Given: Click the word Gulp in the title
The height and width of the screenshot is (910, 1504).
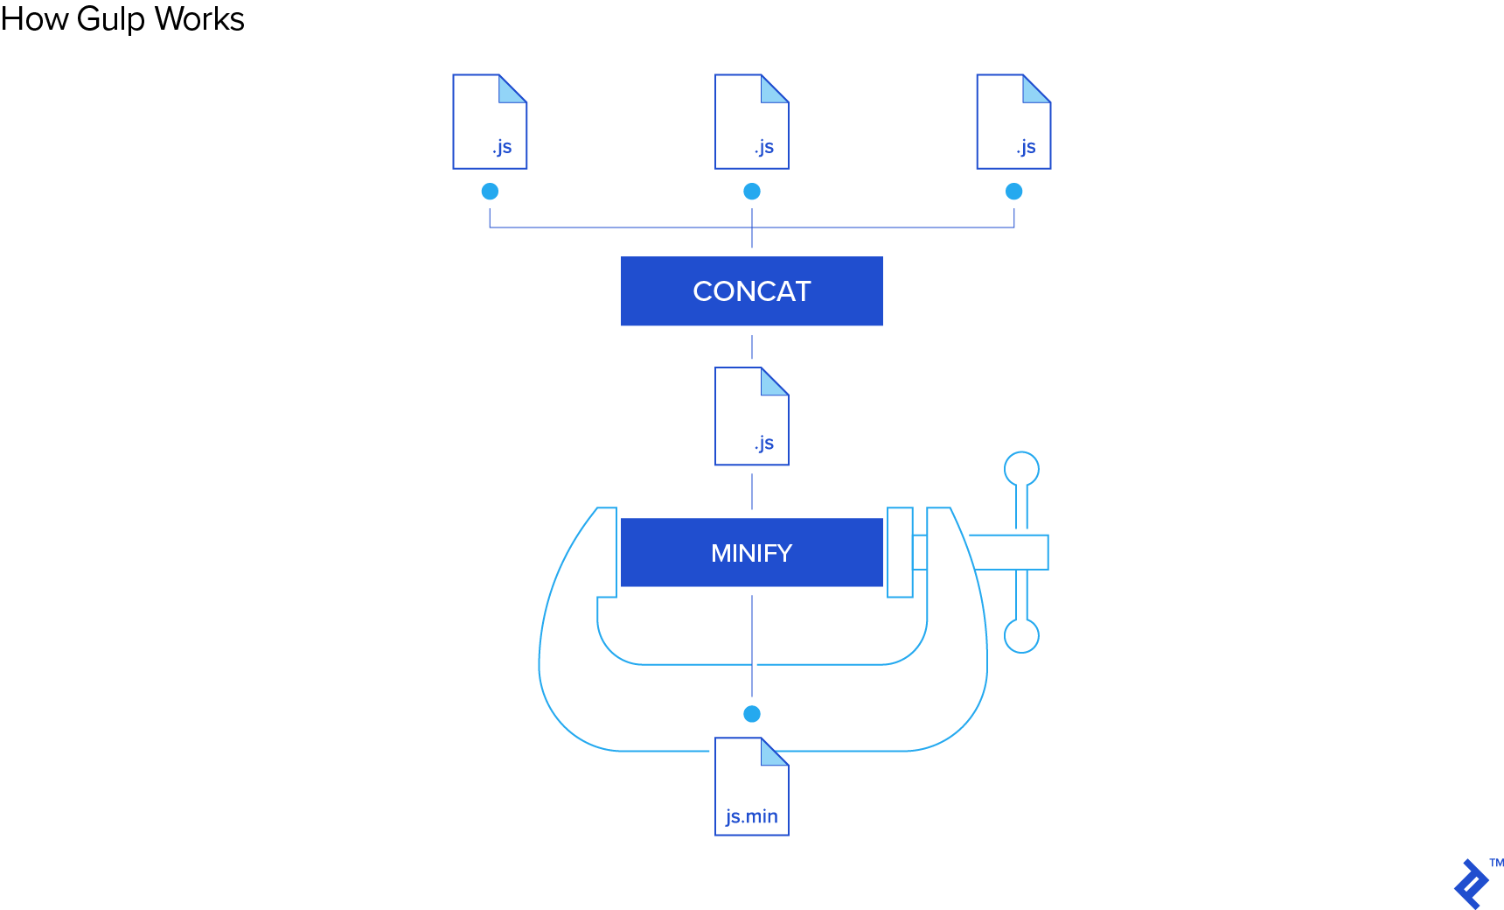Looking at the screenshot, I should pyautogui.click(x=110, y=19).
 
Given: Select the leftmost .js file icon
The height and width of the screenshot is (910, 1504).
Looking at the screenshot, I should pyautogui.click(x=490, y=122).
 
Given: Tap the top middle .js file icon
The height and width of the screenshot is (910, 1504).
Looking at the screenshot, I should pyautogui.click(x=752, y=122).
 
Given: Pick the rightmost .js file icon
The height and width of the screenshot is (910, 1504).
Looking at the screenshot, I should pyautogui.click(x=1013, y=122).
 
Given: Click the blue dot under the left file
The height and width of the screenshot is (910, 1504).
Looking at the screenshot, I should pyautogui.click(x=490, y=191).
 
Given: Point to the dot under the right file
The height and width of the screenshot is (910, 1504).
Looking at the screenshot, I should pyautogui.click(x=1013, y=191).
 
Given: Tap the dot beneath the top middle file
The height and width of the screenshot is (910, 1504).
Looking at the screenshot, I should pyautogui.click(x=752, y=191).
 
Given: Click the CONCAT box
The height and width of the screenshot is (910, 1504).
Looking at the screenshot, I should pyautogui.click(x=752, y=290).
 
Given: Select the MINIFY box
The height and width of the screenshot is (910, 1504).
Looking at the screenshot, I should pyautogui.click(x=752, y=552).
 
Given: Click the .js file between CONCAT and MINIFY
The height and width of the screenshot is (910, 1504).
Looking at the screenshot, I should pyautogui.click(x=752, y=416).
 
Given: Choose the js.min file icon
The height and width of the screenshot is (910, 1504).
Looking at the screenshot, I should pyautogui.click(x=752, y=787).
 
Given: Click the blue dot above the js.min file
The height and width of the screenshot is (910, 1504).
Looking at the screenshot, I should pyautogui.click(x=752, y=714).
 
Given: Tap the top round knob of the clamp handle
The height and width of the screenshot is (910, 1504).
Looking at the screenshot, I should pyautogui.click(x=1021, y=469).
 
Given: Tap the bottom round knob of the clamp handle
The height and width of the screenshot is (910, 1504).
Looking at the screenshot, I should pyautogui.click(x=1021, y=636).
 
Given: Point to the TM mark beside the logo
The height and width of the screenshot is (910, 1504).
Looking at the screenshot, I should pyautogui.click(x=1497, y=863).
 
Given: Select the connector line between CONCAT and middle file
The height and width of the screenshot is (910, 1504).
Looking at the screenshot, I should pyautogui.click(x=752, y=346).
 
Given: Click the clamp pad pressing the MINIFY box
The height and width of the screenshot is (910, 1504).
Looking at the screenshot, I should pyautogui.click(x=900, y=552).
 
